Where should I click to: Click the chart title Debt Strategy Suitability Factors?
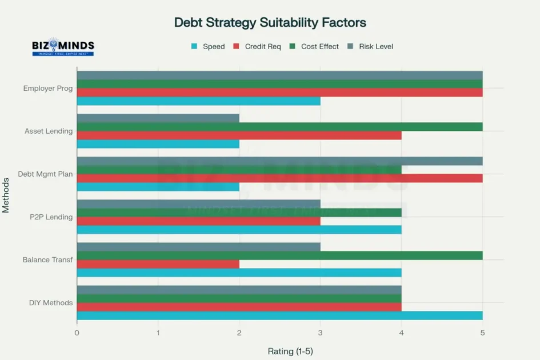(270, 22)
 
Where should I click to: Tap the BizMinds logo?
(63, 47)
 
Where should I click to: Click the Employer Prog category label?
(48, 88)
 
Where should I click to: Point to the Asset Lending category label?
(49, 131)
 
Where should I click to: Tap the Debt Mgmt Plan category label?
(45, 174)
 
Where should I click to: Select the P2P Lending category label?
(51, 217)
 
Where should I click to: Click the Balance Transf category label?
(47, 259)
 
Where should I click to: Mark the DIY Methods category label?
(51, 302)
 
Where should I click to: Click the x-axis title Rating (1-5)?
(290, 351)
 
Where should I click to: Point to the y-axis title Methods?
(6, 195)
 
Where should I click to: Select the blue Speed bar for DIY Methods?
(279, 315)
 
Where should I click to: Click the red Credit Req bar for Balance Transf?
(158, 264)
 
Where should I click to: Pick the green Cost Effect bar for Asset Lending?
(279, 127)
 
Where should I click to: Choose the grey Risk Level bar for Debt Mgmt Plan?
(279, 161)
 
